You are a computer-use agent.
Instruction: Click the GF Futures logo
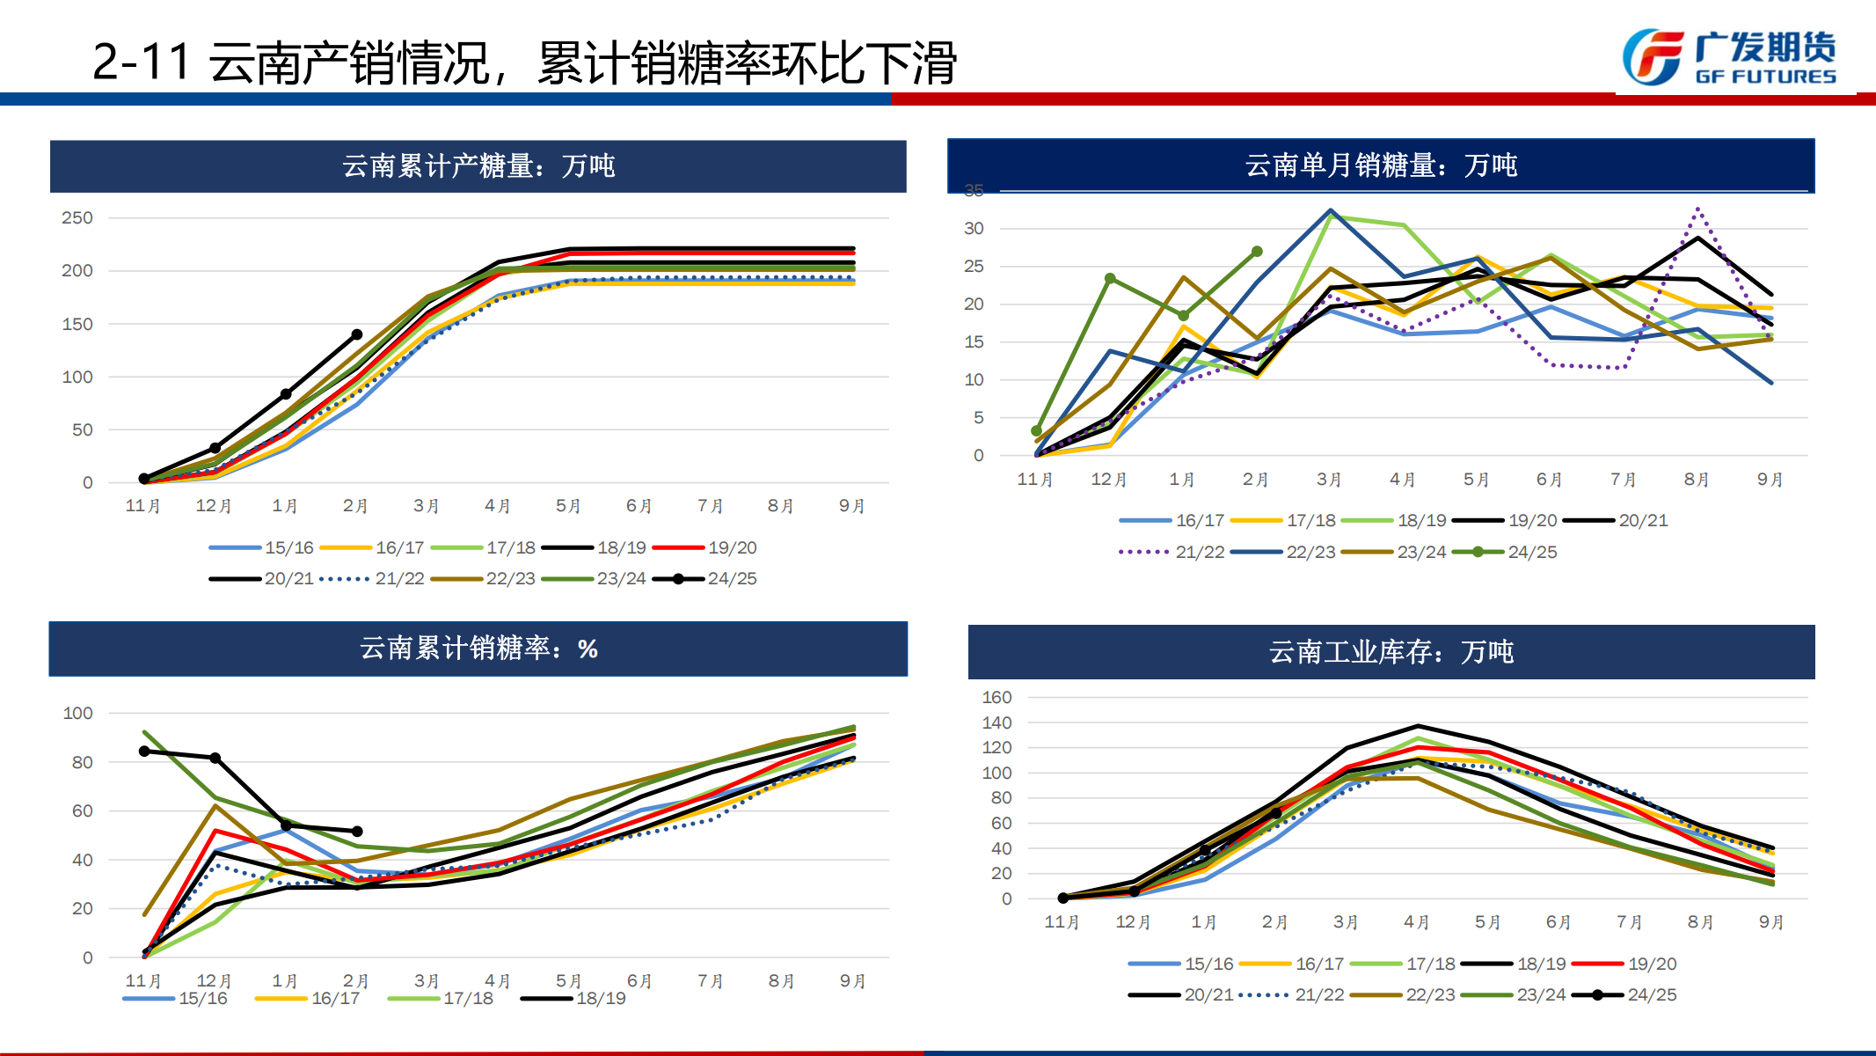click(x=1729, y=58)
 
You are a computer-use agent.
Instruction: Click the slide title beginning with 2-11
click(x=524, y=62)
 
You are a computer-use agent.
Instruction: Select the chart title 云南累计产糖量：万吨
click(x=478, y=165)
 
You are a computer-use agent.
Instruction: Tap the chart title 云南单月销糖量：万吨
click(x=1381, y=165)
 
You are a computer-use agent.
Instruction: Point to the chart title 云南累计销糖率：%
click(x=478, y=649)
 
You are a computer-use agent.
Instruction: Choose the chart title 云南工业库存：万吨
click(x=1391, y=651)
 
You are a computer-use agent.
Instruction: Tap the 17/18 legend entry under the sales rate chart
click(x=441, y=998)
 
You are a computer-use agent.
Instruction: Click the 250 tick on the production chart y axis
click(x=77, y=217)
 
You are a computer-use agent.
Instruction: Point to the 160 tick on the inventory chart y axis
click(x=996, y=697)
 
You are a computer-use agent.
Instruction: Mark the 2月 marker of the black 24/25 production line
click(x=357, y=334)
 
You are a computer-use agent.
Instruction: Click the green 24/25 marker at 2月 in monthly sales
click(x=1257, y=252)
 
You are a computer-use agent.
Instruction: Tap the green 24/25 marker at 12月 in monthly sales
click(x=1110, y=278)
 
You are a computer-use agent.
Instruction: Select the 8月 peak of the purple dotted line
click(x=1697, y=209)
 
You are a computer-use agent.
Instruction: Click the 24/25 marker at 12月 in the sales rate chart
click(x=215, y=758)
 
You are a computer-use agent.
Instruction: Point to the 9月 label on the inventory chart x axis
click(x=1771, y=921)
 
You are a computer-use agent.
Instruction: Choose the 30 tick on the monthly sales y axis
click(x=974, y=228)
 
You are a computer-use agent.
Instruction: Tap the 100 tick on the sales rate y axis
click(x=77, y=713)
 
